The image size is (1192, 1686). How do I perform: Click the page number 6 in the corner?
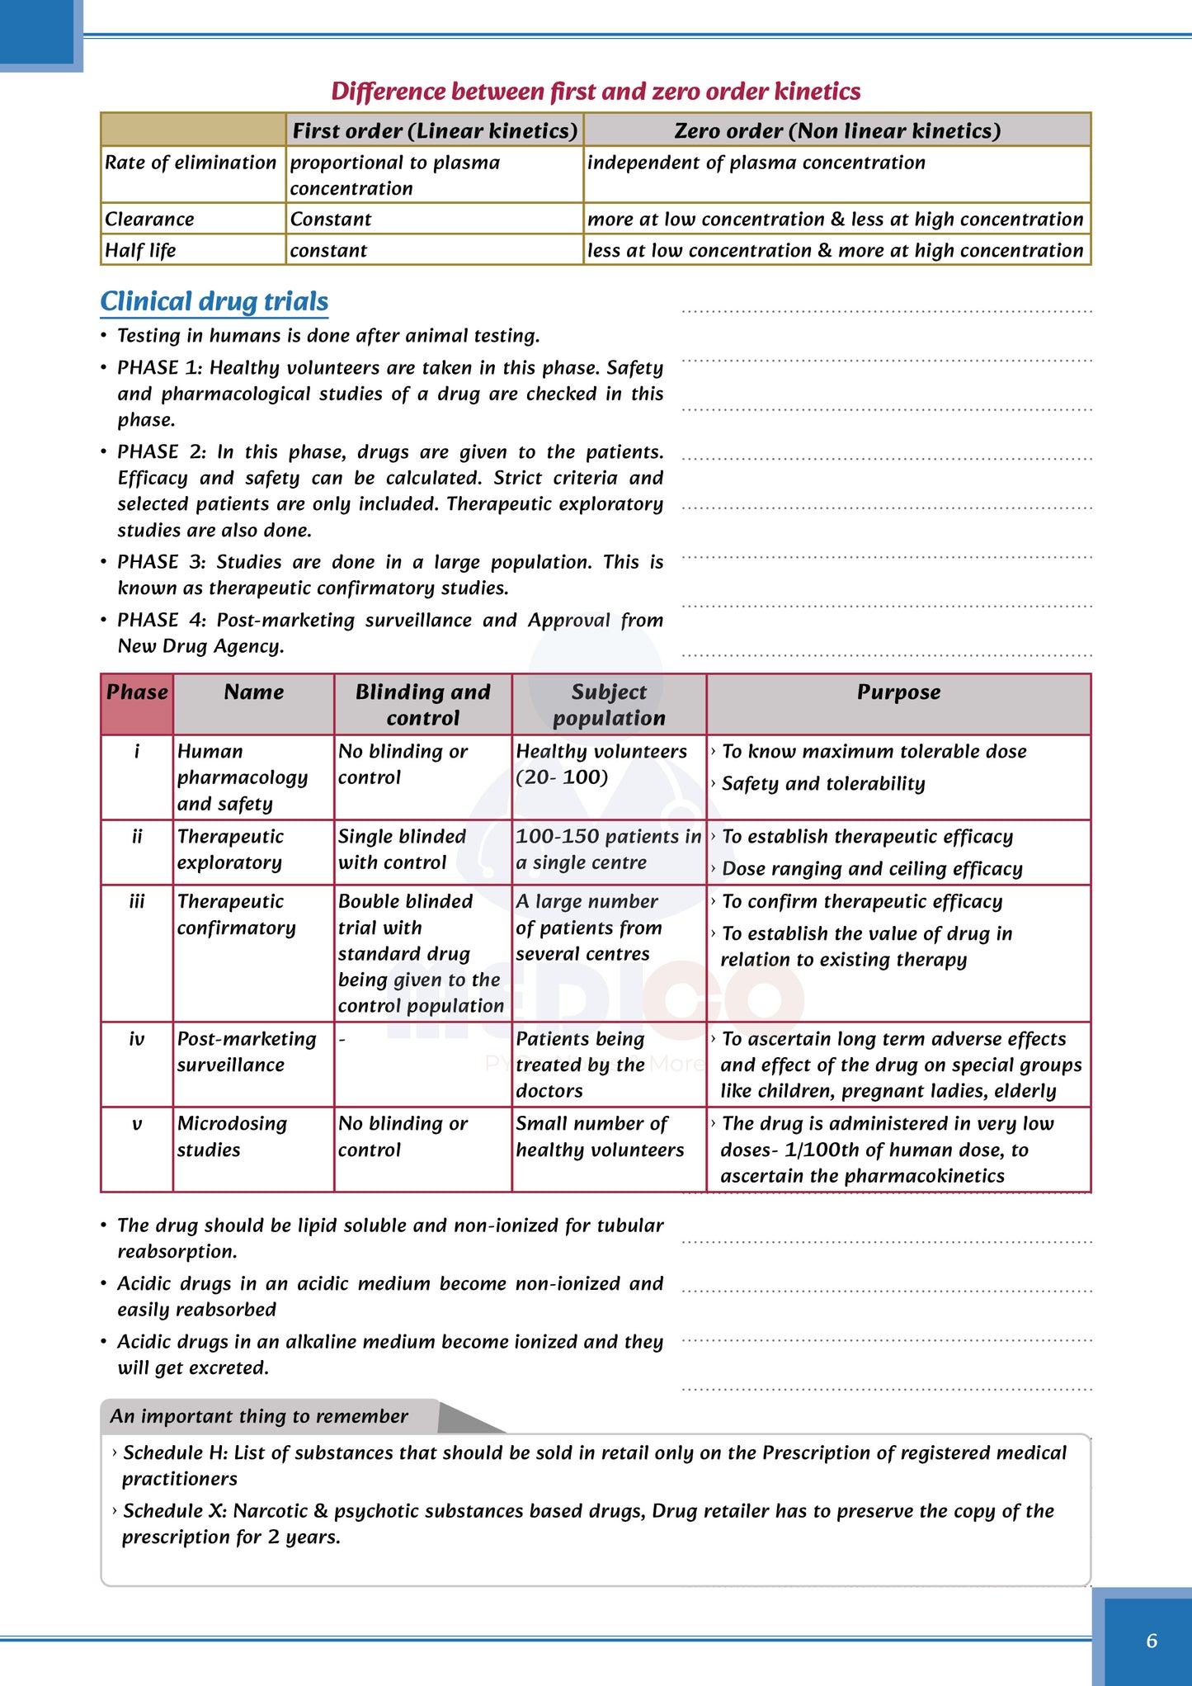tap(1152, 1641)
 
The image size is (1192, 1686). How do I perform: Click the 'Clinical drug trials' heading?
tap(214, 301)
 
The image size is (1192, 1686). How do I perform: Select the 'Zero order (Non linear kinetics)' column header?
tap(836, 131)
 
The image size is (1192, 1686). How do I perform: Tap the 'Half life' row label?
tap(140, 250)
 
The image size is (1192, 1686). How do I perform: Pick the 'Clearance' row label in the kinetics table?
tap(149, 219)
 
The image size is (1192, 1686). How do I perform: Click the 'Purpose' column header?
tap(898, 692)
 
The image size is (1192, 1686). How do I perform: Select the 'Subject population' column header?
tap(609, 705)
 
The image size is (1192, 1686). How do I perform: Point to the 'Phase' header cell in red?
tap(137, 692)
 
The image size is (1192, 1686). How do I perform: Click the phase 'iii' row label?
tap(137, 901)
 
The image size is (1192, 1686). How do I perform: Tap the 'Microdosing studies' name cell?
tap(232, 1136)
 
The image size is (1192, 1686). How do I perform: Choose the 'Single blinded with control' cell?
tap(403, 849)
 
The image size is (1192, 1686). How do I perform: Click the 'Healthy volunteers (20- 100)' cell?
tap(601, 764)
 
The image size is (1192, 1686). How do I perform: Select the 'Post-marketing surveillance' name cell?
tap(246, 1051)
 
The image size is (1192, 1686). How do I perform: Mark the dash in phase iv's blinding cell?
tap(342, 1040)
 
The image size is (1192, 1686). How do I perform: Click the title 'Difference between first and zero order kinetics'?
tap(596, 91)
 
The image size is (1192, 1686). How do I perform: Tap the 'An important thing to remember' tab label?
tap(259, 1416)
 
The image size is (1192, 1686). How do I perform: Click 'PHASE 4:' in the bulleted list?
tap(162, 620)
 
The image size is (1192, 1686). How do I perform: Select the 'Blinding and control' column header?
tap(422, 705)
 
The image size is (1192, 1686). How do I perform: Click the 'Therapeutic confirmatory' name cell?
tap(236, 914)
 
